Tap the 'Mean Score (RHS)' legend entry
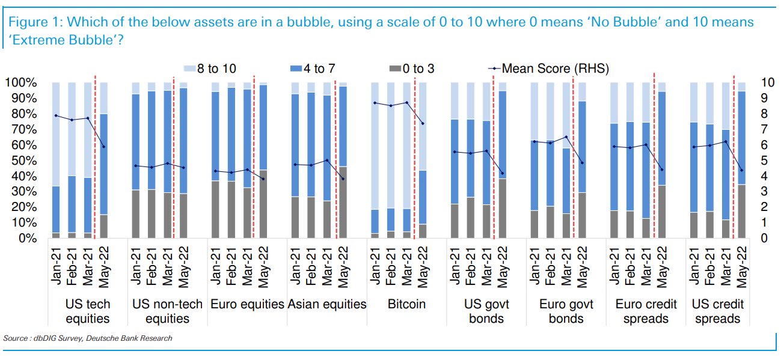click(x=547, y=69)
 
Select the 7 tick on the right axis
click(x=763, y=129)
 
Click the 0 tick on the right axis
click(x=763, y=239)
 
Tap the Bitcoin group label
click(x=406, y=304)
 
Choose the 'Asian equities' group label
click(x=326, y=304)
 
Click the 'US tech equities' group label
click(x=87, y=311)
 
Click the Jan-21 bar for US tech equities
click(x=56, y=160)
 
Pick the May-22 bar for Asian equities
click(x=343, y=160)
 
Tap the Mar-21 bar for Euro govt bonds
click(x=566, y=160)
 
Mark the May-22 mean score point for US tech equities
click(x=103, y=147)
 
